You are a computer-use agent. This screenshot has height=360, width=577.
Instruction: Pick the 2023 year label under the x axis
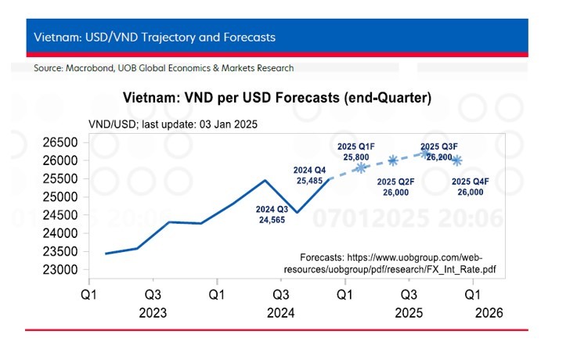[x=153, y=312]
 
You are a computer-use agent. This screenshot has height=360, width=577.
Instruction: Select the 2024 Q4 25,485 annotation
[x=310, y=175]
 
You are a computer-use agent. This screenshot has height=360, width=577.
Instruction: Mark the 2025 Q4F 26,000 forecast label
[x=471, y=187]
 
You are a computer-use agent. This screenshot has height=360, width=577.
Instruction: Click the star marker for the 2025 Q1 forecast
[x=361, y=167]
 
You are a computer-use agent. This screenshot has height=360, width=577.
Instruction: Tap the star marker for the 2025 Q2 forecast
[x=393, y=160]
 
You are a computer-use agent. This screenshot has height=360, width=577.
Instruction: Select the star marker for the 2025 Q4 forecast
[x=457, y=160]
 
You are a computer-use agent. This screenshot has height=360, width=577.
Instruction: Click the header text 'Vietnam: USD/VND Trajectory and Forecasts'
[x=154, y=38]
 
